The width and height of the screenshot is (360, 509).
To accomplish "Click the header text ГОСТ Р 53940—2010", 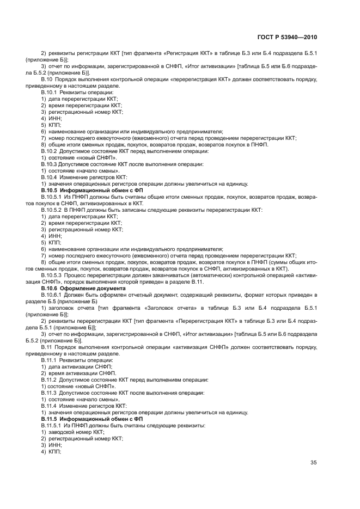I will pyautogui.click(x=286, y=38).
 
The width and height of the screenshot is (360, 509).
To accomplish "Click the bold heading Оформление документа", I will pyautogui.click(x=88, y=288).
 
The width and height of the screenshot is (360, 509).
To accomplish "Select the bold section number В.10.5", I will pyautogui.click(x=50, y=192).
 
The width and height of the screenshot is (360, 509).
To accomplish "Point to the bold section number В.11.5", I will pyautogui.click(x=50, y=419).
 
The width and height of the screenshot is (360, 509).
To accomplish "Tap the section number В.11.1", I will pyautogui.click(x=49, y=360).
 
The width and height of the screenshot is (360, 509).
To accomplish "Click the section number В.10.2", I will pyautogui.click(x=49, y=151).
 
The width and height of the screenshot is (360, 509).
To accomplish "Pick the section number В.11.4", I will pyautogui.click(x=49, y=406).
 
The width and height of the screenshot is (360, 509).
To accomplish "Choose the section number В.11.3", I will pyautogui.click(x=49, y=393).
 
